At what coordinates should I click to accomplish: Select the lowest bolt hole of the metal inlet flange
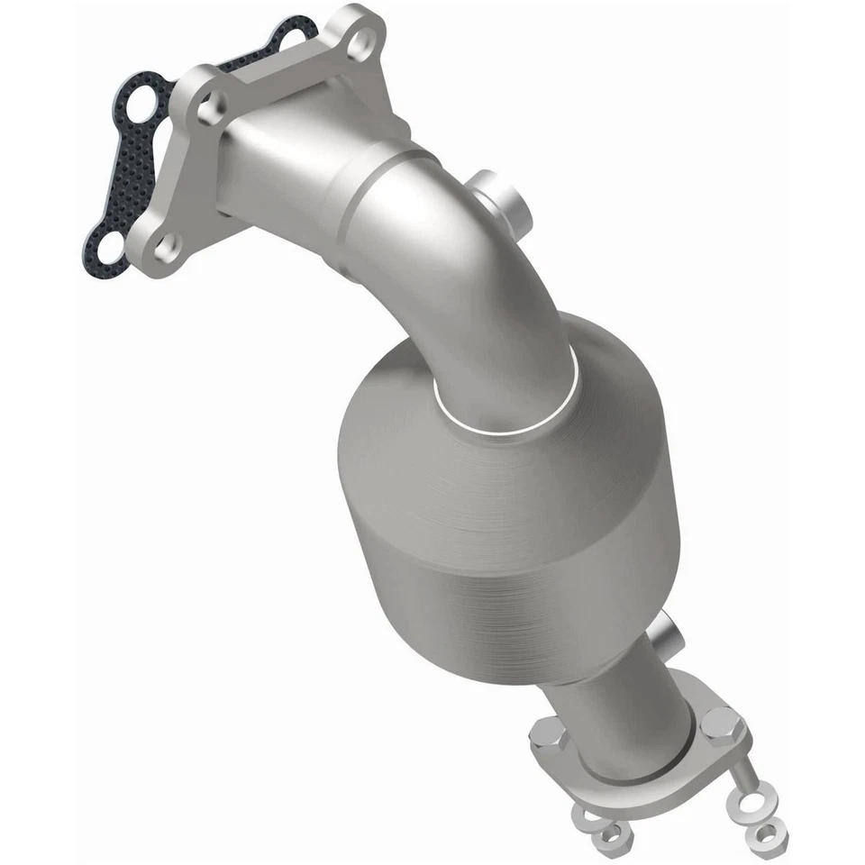(x=166, y=246)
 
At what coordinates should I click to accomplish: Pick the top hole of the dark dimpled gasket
(x=291, y=37)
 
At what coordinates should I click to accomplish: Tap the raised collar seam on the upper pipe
(x=360, y=189)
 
